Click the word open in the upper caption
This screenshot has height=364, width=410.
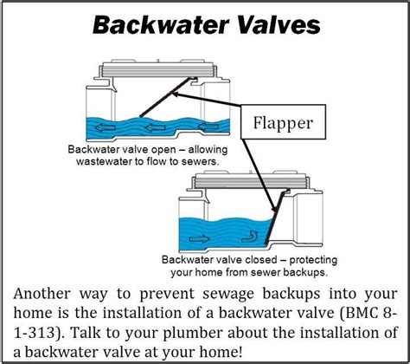164,149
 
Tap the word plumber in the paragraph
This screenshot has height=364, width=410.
221,331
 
